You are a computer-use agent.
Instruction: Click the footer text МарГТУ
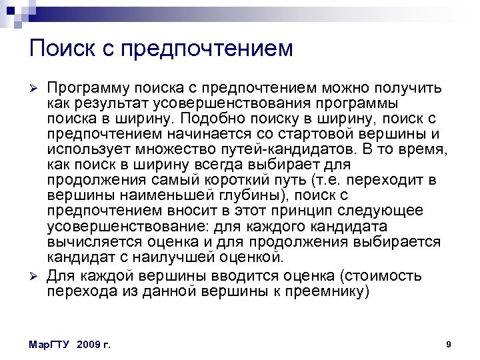point(51,345)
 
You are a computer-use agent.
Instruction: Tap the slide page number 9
point(448,344)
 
